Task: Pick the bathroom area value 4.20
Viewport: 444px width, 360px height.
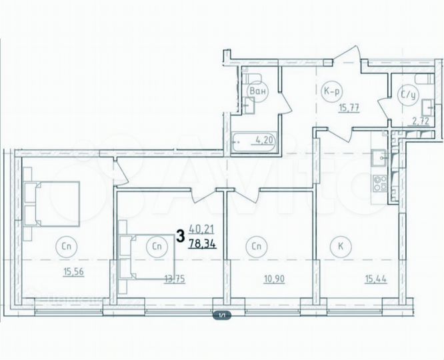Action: [267, 140]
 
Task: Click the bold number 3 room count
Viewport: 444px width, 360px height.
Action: [180, 235]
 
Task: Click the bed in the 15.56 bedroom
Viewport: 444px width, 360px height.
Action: [51, 204]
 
